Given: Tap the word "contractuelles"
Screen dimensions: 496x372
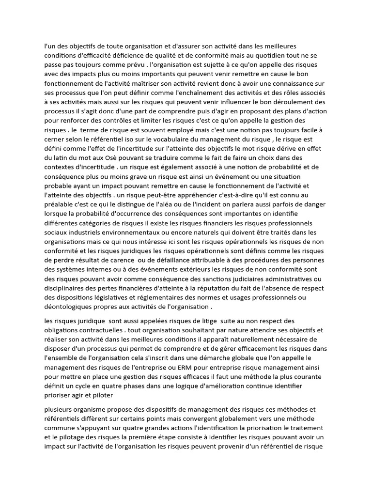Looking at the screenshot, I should (101, 330).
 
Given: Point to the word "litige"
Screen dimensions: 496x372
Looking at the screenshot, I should (191, 321).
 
